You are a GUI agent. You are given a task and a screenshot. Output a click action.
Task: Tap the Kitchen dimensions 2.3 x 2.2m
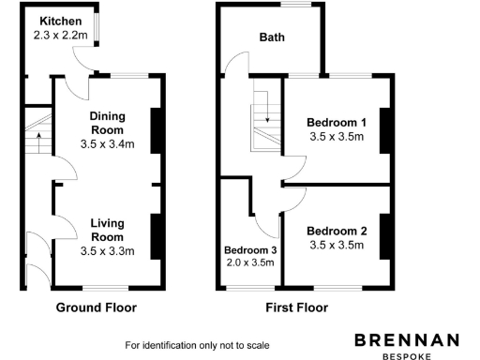61,35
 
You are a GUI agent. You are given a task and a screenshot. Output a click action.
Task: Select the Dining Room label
108,123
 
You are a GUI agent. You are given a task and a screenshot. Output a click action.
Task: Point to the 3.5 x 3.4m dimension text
108,144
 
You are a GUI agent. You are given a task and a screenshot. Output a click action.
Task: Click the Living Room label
108,230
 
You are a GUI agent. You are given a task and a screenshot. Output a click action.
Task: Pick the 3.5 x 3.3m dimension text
108,251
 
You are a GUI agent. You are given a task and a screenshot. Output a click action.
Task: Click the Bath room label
272,38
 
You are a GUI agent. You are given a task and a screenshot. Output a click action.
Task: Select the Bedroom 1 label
337,122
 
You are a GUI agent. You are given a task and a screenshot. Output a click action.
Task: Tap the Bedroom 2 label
337,232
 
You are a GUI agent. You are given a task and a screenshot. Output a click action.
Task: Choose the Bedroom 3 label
249,250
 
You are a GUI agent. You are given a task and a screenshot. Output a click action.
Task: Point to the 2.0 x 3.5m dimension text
249,263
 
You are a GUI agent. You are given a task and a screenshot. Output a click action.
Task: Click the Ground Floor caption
97,307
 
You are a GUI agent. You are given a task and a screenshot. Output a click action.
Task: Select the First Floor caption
299,307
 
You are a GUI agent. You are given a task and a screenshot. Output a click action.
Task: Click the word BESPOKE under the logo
406,355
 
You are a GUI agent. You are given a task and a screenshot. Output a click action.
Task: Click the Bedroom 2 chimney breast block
383,238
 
